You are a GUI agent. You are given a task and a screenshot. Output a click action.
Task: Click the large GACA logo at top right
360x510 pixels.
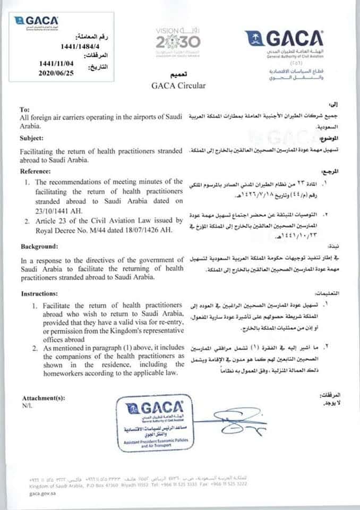click(284, 42)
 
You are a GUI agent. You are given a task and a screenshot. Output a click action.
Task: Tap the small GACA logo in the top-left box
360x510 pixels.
click(37, 22)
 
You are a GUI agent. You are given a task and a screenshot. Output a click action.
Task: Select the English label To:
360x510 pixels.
click(24, 109)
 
